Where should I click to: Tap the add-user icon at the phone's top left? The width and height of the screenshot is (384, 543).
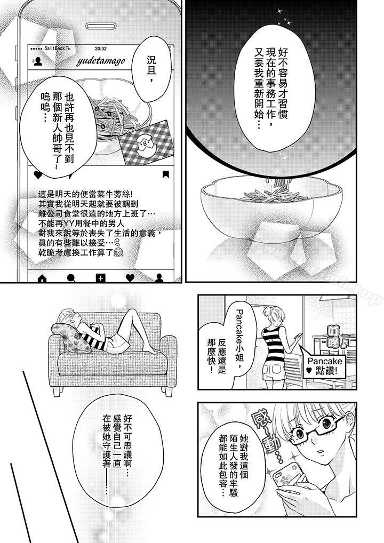coord(38,61)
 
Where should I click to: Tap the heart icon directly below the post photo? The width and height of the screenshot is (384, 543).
coord(38,174)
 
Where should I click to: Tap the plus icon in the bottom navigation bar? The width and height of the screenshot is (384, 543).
coord(100,277)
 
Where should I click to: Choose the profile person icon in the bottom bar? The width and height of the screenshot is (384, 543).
coord(158,277)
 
